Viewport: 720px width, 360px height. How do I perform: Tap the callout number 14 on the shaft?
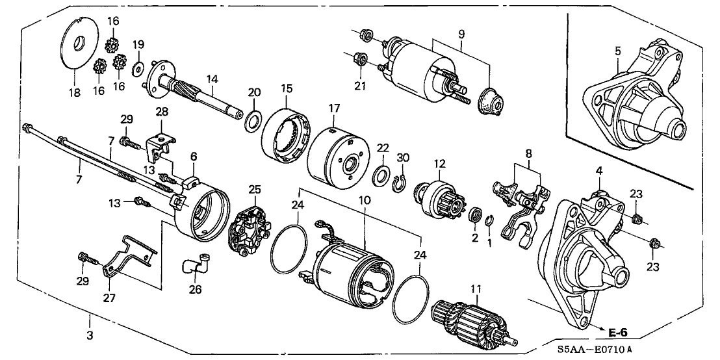[x=212, y=80]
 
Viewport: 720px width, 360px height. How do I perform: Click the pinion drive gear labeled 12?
[x=442, y=196]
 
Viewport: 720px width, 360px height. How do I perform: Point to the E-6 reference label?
[x=617, y=333]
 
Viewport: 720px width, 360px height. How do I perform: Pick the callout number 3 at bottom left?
[x=90, y=336]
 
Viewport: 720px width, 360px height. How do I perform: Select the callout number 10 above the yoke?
[x=365, y=200]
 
